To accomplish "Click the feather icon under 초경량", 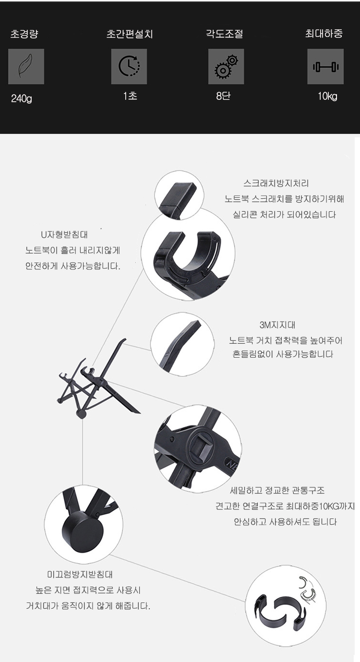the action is point(26,67).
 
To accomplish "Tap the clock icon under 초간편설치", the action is point(129,67).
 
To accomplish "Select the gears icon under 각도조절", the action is point(226,67).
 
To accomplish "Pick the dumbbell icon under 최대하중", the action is point(325,67).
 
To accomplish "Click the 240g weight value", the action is point(22,98).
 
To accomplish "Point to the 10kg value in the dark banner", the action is point(327,96).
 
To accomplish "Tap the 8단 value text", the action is point(223,96).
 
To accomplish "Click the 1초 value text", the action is point(130,96).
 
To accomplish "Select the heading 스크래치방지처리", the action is point(276,183).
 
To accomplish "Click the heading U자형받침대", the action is point(64,235).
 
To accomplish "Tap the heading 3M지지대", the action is point(277,325).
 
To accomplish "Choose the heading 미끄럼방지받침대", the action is point(80,575).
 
